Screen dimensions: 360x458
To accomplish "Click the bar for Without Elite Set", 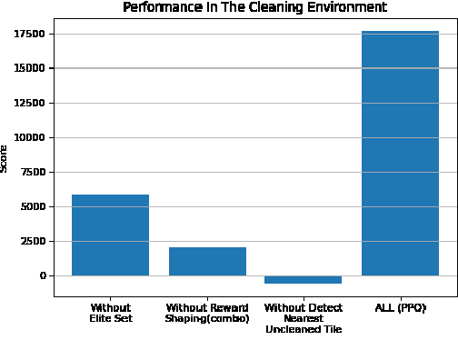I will point(110,235).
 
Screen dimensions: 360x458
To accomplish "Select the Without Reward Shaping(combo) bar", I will point(207,261).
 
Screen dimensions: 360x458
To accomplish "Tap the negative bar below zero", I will point(304,279).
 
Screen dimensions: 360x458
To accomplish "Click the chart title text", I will point(254,7).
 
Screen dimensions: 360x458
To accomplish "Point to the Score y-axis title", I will point(5,157).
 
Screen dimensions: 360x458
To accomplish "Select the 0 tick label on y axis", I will point(42,275).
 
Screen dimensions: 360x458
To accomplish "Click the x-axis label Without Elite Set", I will point(110,314).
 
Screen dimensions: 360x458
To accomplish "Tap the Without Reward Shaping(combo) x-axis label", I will point(207,314).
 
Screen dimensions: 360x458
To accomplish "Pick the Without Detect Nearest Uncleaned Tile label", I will point(304,319).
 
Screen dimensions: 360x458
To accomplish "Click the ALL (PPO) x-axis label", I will point(400,308).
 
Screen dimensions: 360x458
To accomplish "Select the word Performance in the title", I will point(156,7).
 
